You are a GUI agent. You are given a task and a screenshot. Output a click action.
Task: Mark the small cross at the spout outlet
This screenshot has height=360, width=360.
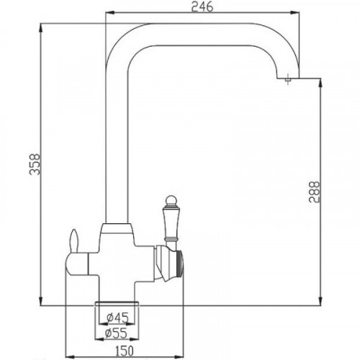[x=289, y=81]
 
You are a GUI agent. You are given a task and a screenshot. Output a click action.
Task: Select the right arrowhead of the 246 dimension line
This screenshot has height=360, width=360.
[x=298, y=13]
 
